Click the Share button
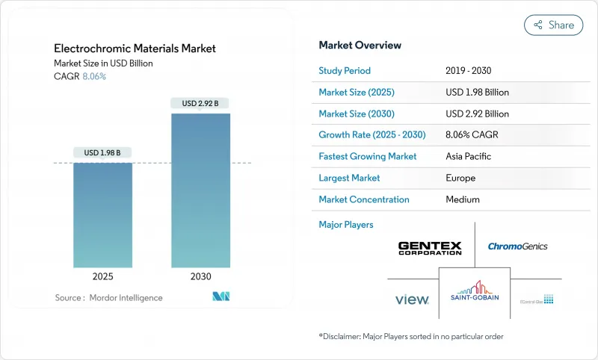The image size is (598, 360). point(553,25)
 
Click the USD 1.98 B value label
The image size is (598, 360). point(103,153)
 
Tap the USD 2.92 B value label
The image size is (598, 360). point(200,103)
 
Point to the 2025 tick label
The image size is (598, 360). point(103,276)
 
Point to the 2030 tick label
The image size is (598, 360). point(200,276)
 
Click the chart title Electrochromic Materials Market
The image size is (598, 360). point(135,49)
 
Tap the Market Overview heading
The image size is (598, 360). point(360,45)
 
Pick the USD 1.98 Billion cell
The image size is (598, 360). point(477,92)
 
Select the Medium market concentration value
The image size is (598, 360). point(462,199)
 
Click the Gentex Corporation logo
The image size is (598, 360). point(430,248)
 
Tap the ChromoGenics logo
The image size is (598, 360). point(517,246)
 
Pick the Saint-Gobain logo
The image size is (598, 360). point(474,292)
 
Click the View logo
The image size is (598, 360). point(412,300)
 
